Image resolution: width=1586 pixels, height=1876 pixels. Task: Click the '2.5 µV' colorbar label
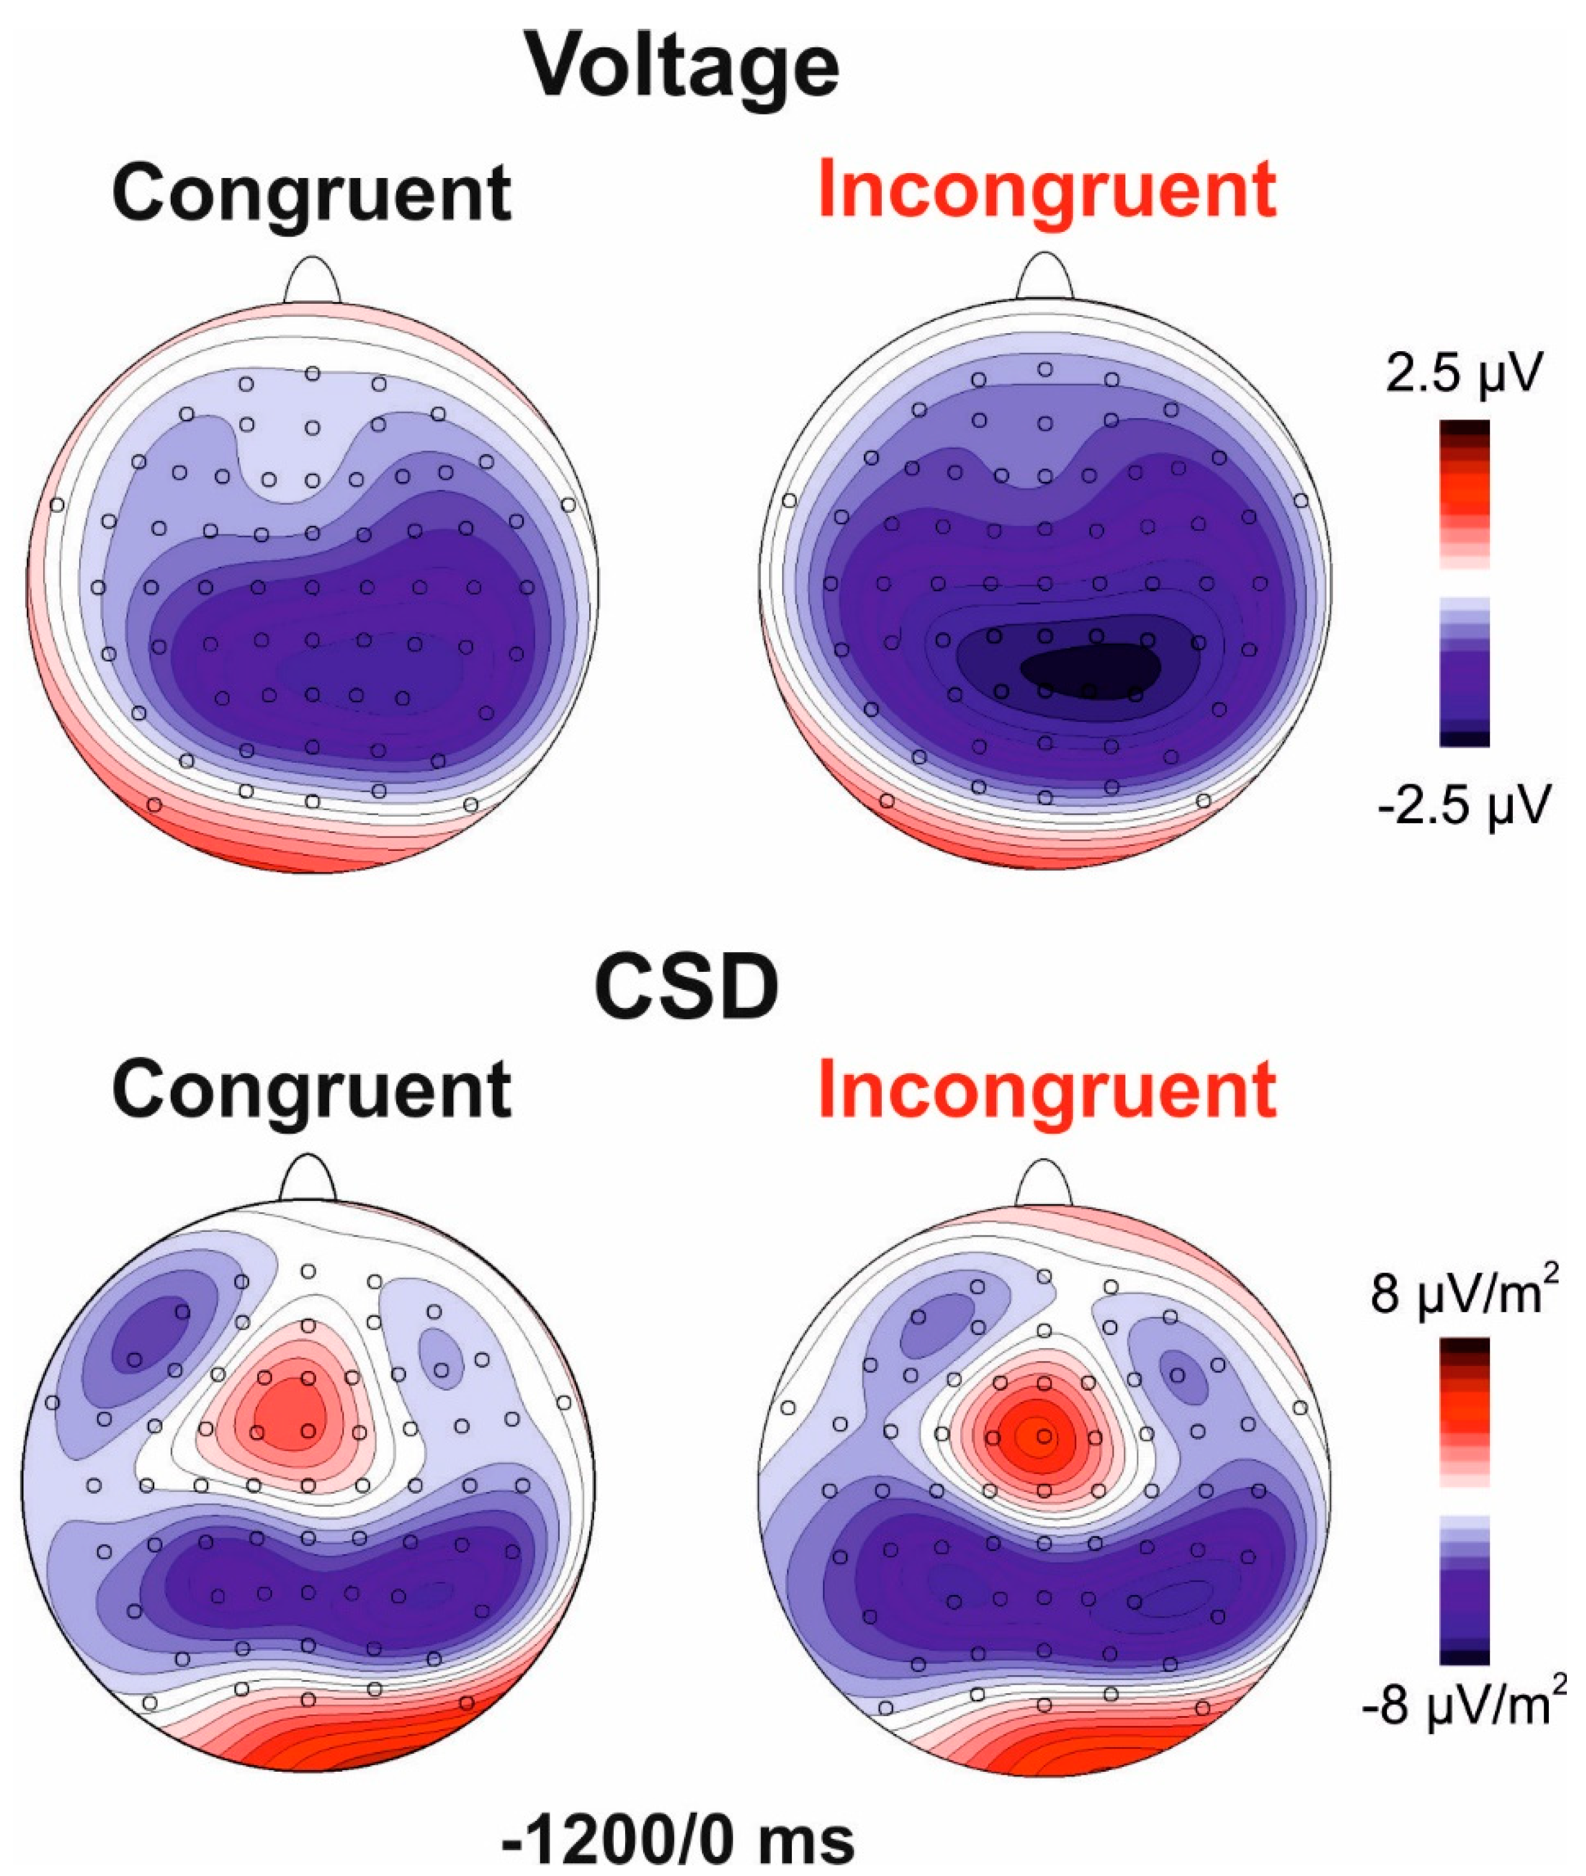click(x=1464, y=374)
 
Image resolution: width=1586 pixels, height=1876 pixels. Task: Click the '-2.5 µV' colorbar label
click(x=1464, y=805)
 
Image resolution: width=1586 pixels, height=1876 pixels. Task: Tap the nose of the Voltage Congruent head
click(x=312, y=280)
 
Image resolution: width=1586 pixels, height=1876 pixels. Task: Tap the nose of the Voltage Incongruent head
click(x=1045, y=277)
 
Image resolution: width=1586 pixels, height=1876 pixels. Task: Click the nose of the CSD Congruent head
click(x=307, y=1177)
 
